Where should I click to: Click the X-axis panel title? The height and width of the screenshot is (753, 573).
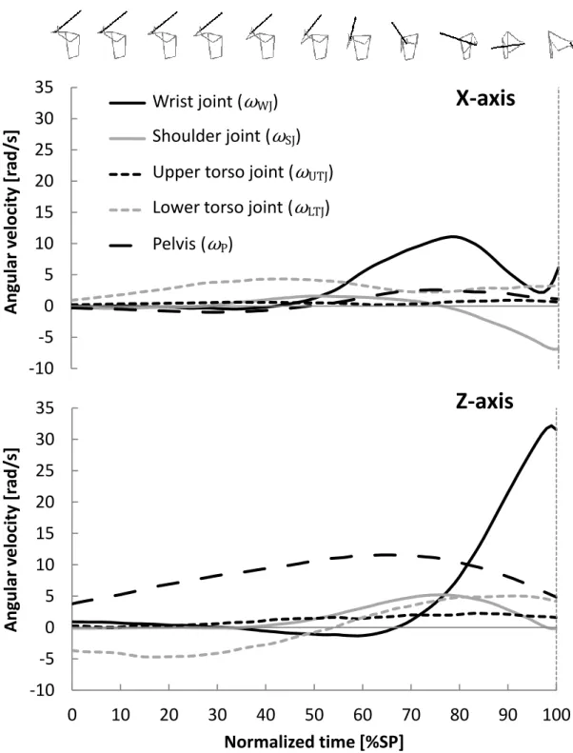tap(485, 98)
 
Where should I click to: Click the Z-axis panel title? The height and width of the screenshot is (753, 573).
tap(484, 401)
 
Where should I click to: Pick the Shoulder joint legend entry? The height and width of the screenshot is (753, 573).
tap(205, 137)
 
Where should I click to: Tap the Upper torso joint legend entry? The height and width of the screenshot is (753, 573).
tap(222, 173)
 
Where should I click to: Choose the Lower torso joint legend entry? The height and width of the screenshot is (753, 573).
tap(220, 208)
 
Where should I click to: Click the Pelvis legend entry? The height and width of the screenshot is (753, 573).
tap(171, 245)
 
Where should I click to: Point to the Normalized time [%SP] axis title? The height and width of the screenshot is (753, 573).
tap(314, 742)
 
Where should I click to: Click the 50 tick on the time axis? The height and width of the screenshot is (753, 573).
tap(314, 715)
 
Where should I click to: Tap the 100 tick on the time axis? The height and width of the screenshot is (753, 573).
tap(555, 715)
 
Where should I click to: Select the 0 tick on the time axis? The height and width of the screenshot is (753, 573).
tap(72, 715)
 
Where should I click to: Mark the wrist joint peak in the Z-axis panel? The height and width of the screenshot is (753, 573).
tap(550, 426)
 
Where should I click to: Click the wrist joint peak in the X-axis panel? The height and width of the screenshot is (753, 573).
tap(453, 236)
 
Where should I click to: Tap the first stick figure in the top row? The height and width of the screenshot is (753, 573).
tap(67, 34)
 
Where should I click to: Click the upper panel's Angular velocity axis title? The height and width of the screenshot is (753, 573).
tap(11, 222)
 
